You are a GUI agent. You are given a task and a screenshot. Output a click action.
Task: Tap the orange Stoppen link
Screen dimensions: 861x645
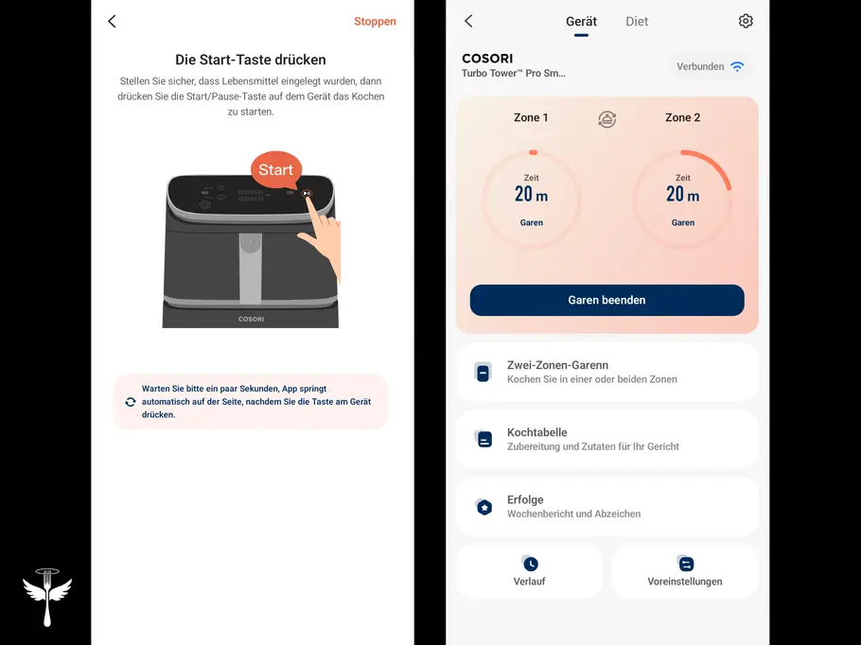click(375, 22)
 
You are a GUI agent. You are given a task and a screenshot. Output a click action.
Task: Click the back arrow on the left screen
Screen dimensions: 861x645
click(112, 22)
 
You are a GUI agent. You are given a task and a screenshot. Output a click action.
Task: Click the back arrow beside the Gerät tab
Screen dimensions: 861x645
click(468, 22)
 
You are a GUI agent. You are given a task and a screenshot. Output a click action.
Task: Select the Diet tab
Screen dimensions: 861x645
click(637, 22)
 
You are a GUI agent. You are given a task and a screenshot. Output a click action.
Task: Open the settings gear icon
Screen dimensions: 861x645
click(746, 22)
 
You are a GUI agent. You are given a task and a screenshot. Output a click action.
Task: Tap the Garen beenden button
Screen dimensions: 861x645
click(606, 300)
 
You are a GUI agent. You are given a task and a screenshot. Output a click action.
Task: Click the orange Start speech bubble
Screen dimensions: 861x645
click(276, 169)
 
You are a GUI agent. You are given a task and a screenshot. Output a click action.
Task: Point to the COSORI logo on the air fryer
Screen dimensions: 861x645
click(251, 319)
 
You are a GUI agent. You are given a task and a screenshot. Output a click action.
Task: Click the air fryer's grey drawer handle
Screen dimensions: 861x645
click(251, 268)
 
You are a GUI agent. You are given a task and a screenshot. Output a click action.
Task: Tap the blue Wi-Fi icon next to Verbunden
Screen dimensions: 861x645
click(737, 66)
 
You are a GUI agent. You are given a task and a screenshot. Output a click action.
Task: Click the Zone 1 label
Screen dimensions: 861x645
click(531, 117)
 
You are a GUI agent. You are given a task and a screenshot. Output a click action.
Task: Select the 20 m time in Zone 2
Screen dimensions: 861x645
click(682, 194)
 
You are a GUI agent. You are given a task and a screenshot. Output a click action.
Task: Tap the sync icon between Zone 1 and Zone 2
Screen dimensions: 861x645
click(606, 118)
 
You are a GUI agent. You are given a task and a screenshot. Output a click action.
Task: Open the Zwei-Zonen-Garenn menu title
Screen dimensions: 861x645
click(557, 365)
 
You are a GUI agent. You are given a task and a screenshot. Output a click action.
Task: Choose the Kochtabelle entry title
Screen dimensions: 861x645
click(537, 432)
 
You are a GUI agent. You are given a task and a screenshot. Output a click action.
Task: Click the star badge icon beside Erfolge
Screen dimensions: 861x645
click(483, 507)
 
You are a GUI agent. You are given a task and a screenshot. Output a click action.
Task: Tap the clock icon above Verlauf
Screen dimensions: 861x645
click(530, 564)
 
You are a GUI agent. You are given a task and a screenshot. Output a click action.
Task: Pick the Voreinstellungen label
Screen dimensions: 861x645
click(685, 582)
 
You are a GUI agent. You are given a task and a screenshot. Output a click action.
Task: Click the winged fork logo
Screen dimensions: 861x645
click(47, 597)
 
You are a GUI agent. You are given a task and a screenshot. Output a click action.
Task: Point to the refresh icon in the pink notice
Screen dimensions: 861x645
click(131, 402)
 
